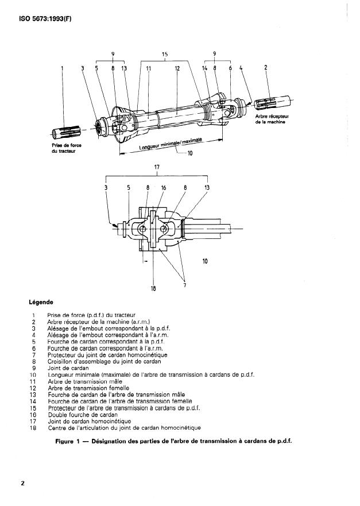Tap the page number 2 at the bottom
(22, 483)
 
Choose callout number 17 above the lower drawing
(156, 167)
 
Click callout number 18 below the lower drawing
(153, 288)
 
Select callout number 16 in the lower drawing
(163, 187)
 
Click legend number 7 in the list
(34, 355)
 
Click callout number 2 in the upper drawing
(265, 68)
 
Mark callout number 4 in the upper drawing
(241, 68)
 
